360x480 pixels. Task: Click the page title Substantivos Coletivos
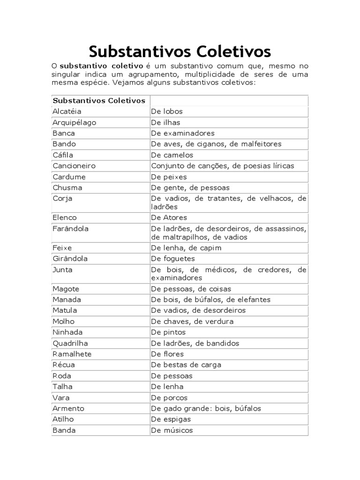click(x=180, y=51)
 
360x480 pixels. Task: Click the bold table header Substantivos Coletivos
click(x=99, y=101)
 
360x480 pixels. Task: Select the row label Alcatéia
click(x=67, y=112)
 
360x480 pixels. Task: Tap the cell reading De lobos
click(x=166, y=112)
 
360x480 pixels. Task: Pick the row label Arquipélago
click(x=74, y=122)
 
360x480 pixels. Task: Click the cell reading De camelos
click(x=172, y=155)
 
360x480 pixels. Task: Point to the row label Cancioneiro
click(x=74, y=166)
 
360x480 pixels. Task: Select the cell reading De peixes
click(x=169, y=177)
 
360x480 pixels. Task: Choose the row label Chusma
click(x=67, y=187)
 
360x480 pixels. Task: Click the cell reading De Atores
click(x=169, y=217)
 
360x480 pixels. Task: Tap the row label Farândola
click(x=71, y=229)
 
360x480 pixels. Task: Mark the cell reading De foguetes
click(x=172, y=259)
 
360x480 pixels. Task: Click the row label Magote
click(x=66, y=289)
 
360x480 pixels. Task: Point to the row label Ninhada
click(x=67, y=332)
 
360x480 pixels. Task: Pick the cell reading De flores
click(x=167, y=354)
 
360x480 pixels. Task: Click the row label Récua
click(x=64, y=365)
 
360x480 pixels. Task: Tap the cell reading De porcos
click(x=169, y=397)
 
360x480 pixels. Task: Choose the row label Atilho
click(x=63, y=419)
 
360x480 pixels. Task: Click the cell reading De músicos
click(x=172, y=430)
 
